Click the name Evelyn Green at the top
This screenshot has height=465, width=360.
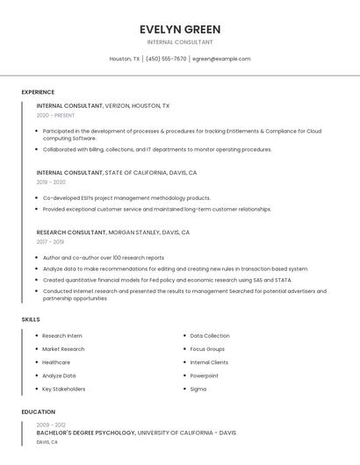click(180, 29)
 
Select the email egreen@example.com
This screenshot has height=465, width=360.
click(221, 59)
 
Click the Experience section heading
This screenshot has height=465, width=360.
click(38, 92)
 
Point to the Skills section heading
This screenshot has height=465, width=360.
click(31, 319)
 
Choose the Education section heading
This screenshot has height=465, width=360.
click(38, 411)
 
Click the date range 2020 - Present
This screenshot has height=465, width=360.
click(56, 115)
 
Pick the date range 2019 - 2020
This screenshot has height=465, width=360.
click(51, 182)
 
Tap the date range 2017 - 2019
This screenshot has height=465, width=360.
click(50, 241)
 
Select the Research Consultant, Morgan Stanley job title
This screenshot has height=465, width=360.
click(113, 232)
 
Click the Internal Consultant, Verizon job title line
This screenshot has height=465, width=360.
click(104, 105)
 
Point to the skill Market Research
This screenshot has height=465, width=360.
click(63, 349)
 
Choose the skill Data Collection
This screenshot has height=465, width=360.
click(210, 336)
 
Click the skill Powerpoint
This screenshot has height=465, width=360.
click(205, 376)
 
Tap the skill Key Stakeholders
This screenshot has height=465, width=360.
click(64, 389)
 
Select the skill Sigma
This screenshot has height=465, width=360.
click(198, 389)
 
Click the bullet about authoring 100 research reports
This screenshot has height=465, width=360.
click(104, 258)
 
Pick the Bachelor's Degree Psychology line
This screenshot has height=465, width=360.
click(136, 433)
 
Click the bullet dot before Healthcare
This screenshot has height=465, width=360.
click(37, 362)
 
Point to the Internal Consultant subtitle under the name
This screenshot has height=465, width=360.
click(180, 42)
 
